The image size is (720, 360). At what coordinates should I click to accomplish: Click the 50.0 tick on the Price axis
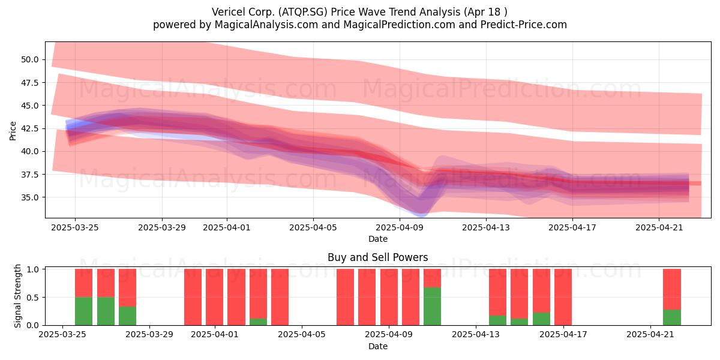(x=30, y=60)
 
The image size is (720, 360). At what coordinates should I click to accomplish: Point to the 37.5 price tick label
(x=30, y=175)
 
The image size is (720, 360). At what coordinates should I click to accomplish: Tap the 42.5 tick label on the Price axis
(x=30, y=128)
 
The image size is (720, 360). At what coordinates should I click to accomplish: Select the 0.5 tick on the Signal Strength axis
(x=32, y=298)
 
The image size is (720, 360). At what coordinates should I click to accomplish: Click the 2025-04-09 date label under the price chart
(x=400, y=227)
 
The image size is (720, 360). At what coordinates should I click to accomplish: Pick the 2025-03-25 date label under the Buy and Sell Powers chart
(x=62, y=334)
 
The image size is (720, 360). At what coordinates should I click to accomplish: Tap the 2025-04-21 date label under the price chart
(x=659, y=227)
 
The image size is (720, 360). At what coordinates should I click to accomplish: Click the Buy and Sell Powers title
(x=377, y=257)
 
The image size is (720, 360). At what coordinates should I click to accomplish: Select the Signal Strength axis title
(x=17, y=296)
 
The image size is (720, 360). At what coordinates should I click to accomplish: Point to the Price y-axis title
(x=13, y=131)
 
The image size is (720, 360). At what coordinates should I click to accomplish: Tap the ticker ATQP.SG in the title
(x=303, y=12)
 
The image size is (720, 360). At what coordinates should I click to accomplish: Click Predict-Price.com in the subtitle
(x=524, y=25)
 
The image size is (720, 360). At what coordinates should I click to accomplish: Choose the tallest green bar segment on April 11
(x=433, y=307)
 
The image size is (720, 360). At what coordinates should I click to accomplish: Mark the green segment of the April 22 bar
(x=672, y=317)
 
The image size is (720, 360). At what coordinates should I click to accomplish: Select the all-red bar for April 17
(x=563, y=297)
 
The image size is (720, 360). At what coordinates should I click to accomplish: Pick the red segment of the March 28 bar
(x=128, y=287)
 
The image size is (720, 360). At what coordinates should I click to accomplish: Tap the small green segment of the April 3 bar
(x=258, y=322)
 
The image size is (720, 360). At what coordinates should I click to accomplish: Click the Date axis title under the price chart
(x=377, y=239)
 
